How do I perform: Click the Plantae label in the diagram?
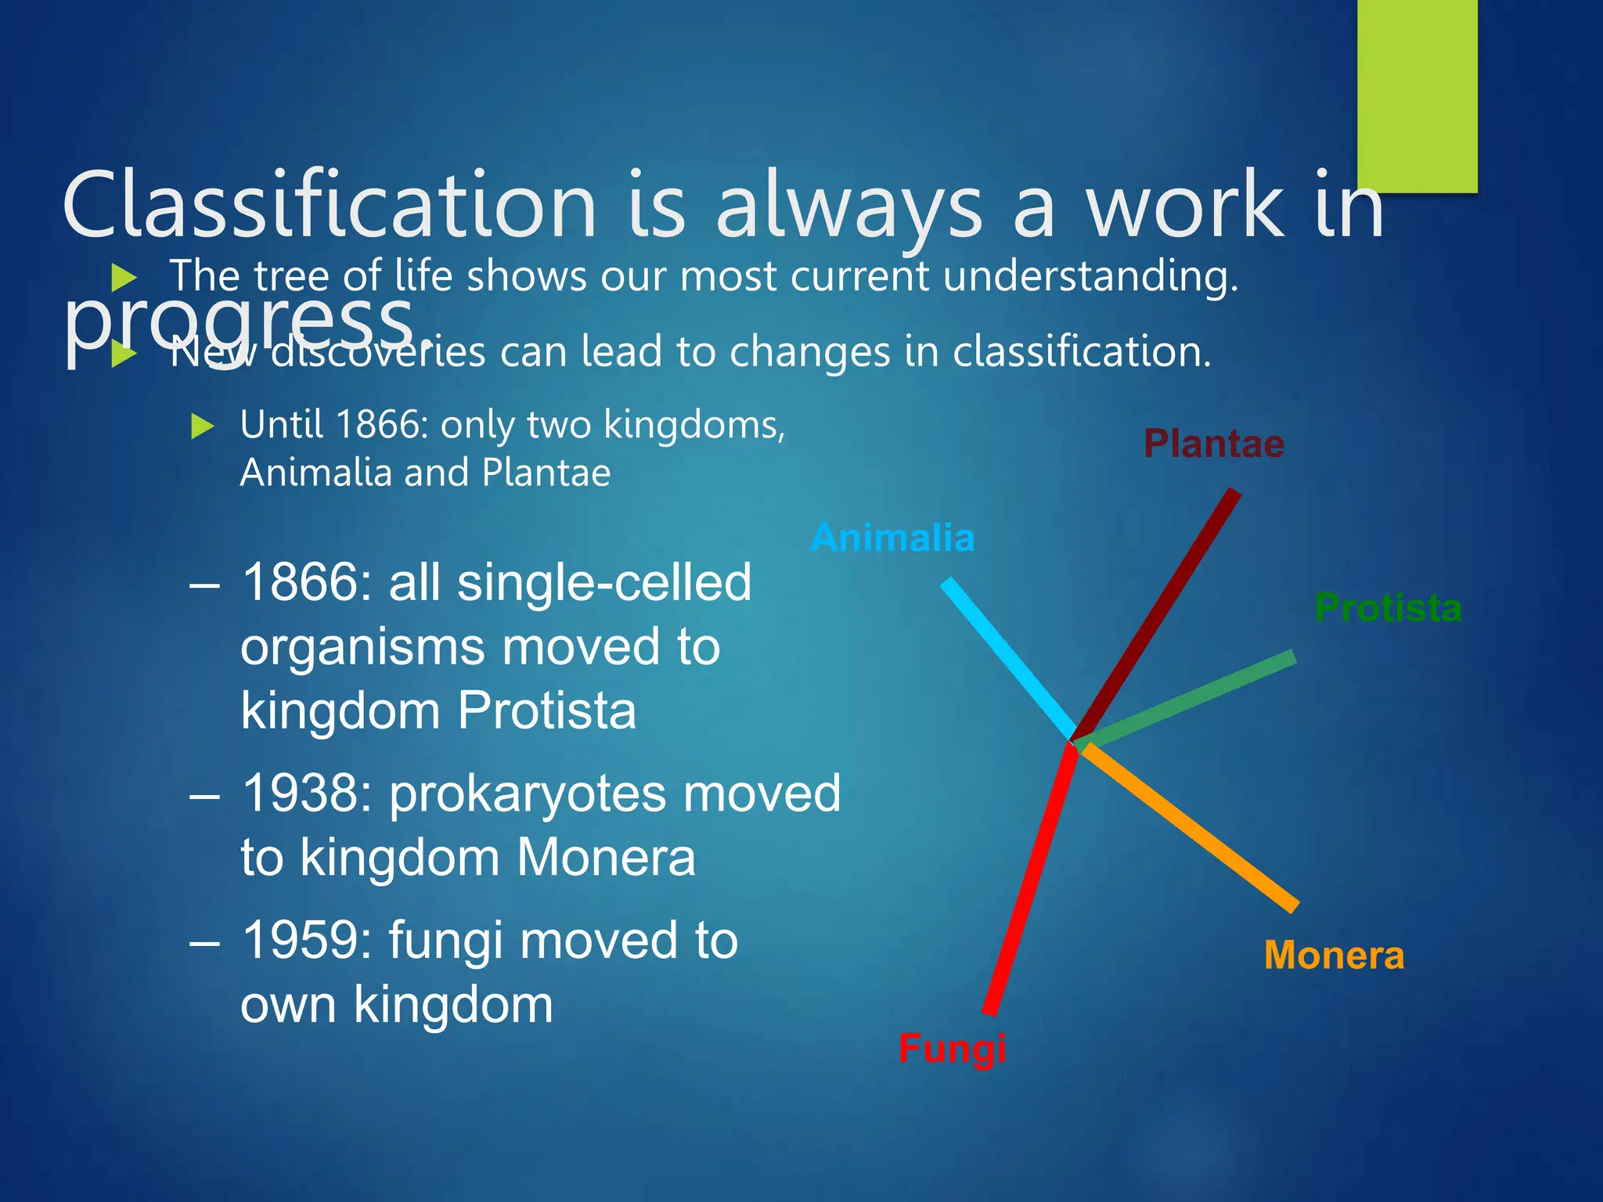pyautogui.click(x=1213, y=444)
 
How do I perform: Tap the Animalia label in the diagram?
pyautogui.click(x=893, y=538)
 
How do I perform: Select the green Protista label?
pyautogui.click(x=1388, y=608)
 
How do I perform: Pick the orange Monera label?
pyautogui.click(x=1334, y=955)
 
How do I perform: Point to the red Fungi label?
pyautogui.click(x=952, y=1048)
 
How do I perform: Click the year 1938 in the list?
pyautogui.click(x=306, y=794)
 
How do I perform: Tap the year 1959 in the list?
pyautogui.click(x=306, y=940)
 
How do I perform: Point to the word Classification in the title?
pyautogui.click(x=329, y=205)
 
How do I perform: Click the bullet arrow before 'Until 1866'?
pyautogui.click(x=202, y=426)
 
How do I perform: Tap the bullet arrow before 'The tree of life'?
pyautogui.click(x=124, y=277)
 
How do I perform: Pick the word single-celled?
pyautogui.click(x=603, y=584)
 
